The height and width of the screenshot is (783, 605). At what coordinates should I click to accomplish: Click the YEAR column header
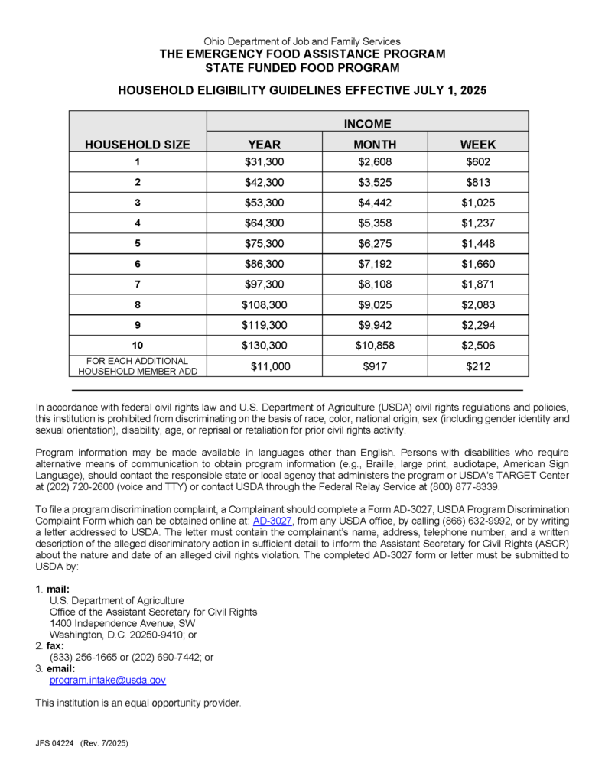(264, 144)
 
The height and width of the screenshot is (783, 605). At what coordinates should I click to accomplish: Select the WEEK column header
(478, 144)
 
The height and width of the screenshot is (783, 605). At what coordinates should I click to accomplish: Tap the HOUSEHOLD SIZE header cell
(138, 144)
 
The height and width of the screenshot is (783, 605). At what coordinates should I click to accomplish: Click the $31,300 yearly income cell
(264, 162)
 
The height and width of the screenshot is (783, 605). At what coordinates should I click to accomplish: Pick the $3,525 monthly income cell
(375, 183)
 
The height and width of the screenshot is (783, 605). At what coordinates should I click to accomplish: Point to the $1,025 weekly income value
(478, 203)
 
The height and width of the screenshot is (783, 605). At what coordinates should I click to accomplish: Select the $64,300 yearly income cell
(264, 223)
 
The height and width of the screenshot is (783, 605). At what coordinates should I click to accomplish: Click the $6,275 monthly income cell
(375, 244)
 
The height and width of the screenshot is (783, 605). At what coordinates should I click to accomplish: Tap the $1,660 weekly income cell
(478, 264)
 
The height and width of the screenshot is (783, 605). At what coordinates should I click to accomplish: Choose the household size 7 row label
(138, 284)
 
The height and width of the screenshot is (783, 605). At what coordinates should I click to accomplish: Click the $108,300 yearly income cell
(264, 304)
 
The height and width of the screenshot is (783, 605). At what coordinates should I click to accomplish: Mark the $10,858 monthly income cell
(375, 346)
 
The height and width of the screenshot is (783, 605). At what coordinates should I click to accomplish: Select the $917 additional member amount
(375, 366)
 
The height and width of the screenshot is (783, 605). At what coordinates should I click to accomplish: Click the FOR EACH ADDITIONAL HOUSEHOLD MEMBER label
(138, 366)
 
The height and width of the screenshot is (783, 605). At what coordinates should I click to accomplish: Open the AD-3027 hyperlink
(272, 520)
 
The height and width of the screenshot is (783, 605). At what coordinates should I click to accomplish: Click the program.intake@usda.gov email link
(107, 680)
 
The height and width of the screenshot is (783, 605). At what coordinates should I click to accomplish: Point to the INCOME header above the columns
(367, 123)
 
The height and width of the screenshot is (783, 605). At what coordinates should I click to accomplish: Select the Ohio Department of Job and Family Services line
(302, 41)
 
